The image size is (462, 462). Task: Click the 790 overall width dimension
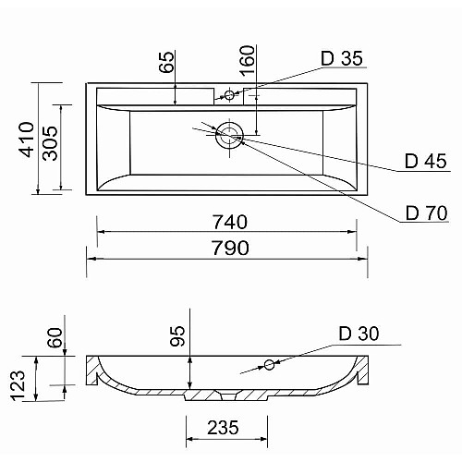(231, 248)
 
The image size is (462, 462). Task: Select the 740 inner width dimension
(230, 222)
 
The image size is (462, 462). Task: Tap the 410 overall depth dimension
(27, 140)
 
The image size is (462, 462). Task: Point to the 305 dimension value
(50, 143)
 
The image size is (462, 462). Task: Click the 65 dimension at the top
(166, 62)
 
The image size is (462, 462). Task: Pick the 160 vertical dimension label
(248, 61)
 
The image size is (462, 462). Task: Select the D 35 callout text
(342, 58)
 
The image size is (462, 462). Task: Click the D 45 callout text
(426, 161)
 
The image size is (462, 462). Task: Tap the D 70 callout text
(427, 213)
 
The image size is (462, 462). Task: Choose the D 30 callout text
(359, 334)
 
